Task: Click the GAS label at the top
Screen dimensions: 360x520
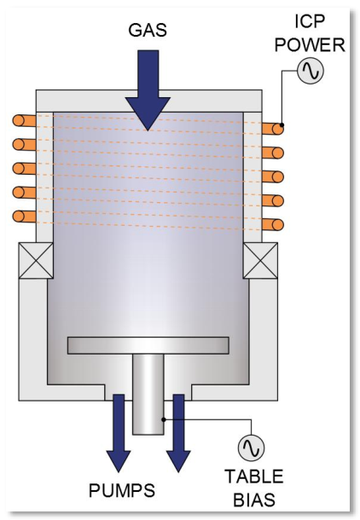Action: tap(148, 30)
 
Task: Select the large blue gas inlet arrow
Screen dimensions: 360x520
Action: tap(148, 90)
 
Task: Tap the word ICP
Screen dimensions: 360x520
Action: tap(309, 21)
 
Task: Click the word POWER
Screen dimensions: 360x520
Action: tap(310, 45)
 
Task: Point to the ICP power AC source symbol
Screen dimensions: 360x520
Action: tap(311, 71)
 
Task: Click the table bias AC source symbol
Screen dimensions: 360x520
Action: tap(251, 448)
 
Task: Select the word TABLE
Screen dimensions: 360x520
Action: tap(254, 477)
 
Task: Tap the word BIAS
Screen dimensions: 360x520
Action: tap(254, 500)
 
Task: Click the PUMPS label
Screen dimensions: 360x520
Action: tap(122, 490)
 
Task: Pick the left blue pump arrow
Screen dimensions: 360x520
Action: tap(119, 433)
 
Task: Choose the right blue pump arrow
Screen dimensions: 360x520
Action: tap(178, 433)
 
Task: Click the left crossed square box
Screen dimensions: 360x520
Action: tap(36, 260)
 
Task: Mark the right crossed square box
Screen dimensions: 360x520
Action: tap(260, 260)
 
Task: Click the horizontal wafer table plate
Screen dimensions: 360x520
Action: tap(148, 345)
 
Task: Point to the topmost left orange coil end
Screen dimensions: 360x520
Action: tap(24, 120)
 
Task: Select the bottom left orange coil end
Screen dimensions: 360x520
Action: tap(24, 217)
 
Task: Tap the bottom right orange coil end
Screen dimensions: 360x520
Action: tap(273, 224)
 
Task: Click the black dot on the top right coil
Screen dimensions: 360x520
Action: tap(282, 125)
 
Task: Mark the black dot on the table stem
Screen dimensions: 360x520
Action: tap(163, 419)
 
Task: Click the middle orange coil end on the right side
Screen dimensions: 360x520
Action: tap(273, 176)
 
